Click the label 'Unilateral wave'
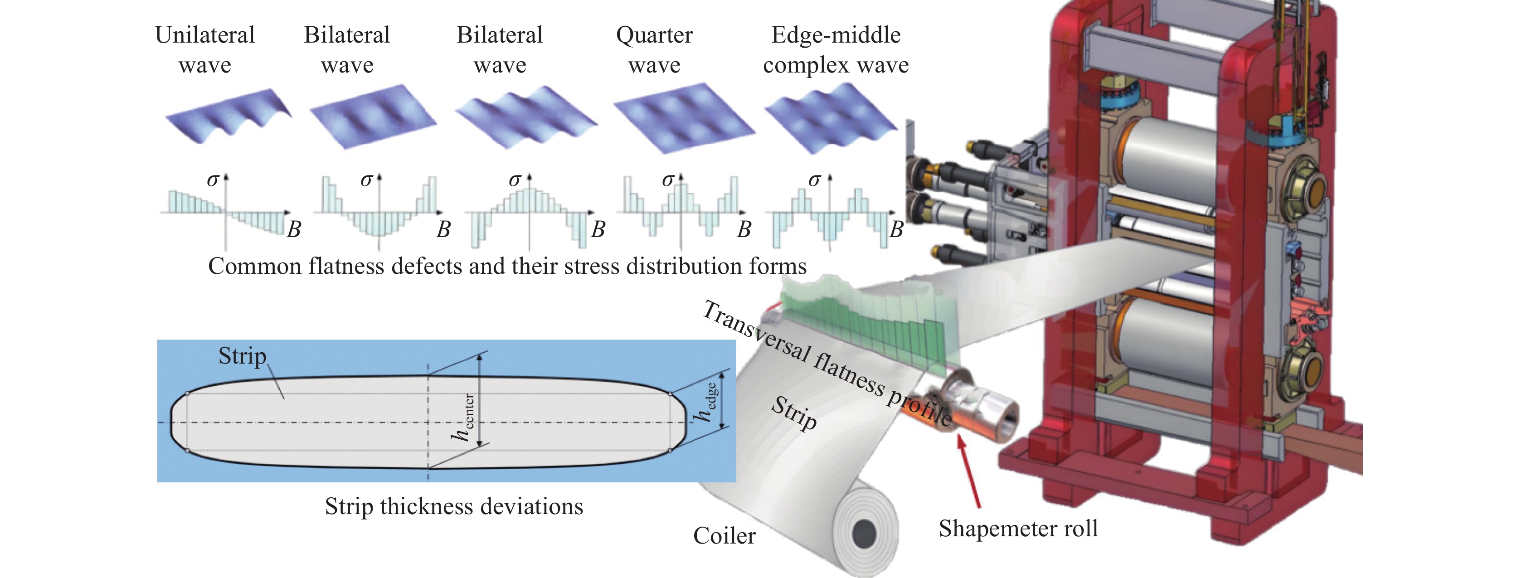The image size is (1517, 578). (205, 49)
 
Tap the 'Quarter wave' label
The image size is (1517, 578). (654, 49)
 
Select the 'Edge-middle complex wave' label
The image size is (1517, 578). (836, 49)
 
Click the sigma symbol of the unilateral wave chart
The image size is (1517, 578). (213, 180)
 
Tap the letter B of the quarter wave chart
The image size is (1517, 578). (744, 229)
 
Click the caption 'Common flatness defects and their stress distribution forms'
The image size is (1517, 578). (507, 266)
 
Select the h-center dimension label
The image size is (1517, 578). (463, 418)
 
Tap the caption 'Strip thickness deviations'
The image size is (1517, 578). (454, 506)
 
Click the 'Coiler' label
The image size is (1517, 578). (724, 536)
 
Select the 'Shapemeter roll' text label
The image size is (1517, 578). (1018, 528)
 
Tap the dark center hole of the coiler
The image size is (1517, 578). (864, 534)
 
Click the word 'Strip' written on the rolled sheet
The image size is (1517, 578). (794, 413)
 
